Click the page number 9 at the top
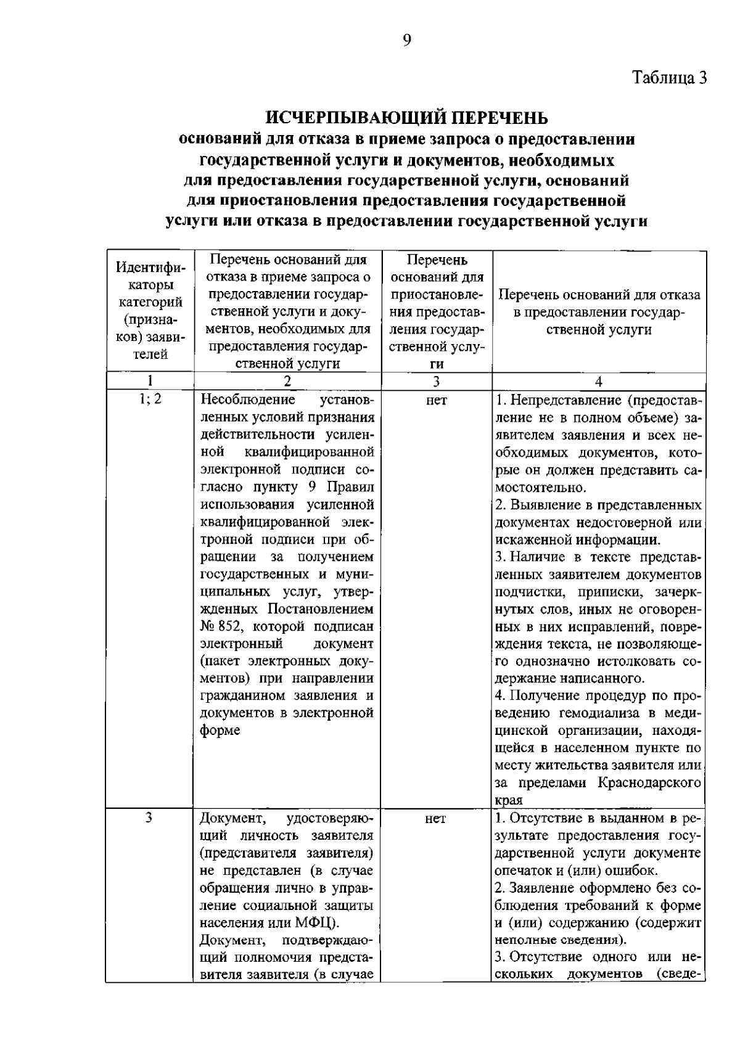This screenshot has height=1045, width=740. click(x=406, y=40)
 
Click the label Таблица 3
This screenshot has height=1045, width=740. click(x=670, y=78)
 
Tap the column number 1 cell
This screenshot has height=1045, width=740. click(x=150, y=380)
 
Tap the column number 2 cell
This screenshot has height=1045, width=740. click(x=288, y=381)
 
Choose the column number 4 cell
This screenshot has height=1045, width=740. click(x=598, y=381)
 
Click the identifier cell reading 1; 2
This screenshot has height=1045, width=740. click(x=150, y=399)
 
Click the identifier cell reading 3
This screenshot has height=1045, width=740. click(x=149, y=818)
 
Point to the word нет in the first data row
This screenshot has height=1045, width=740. click(x=436, y=401)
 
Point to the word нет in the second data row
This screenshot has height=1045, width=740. click(x=436, y=819)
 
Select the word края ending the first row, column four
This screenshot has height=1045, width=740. click(x=509, y=800)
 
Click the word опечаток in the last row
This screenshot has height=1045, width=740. click(x=521, y=871)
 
